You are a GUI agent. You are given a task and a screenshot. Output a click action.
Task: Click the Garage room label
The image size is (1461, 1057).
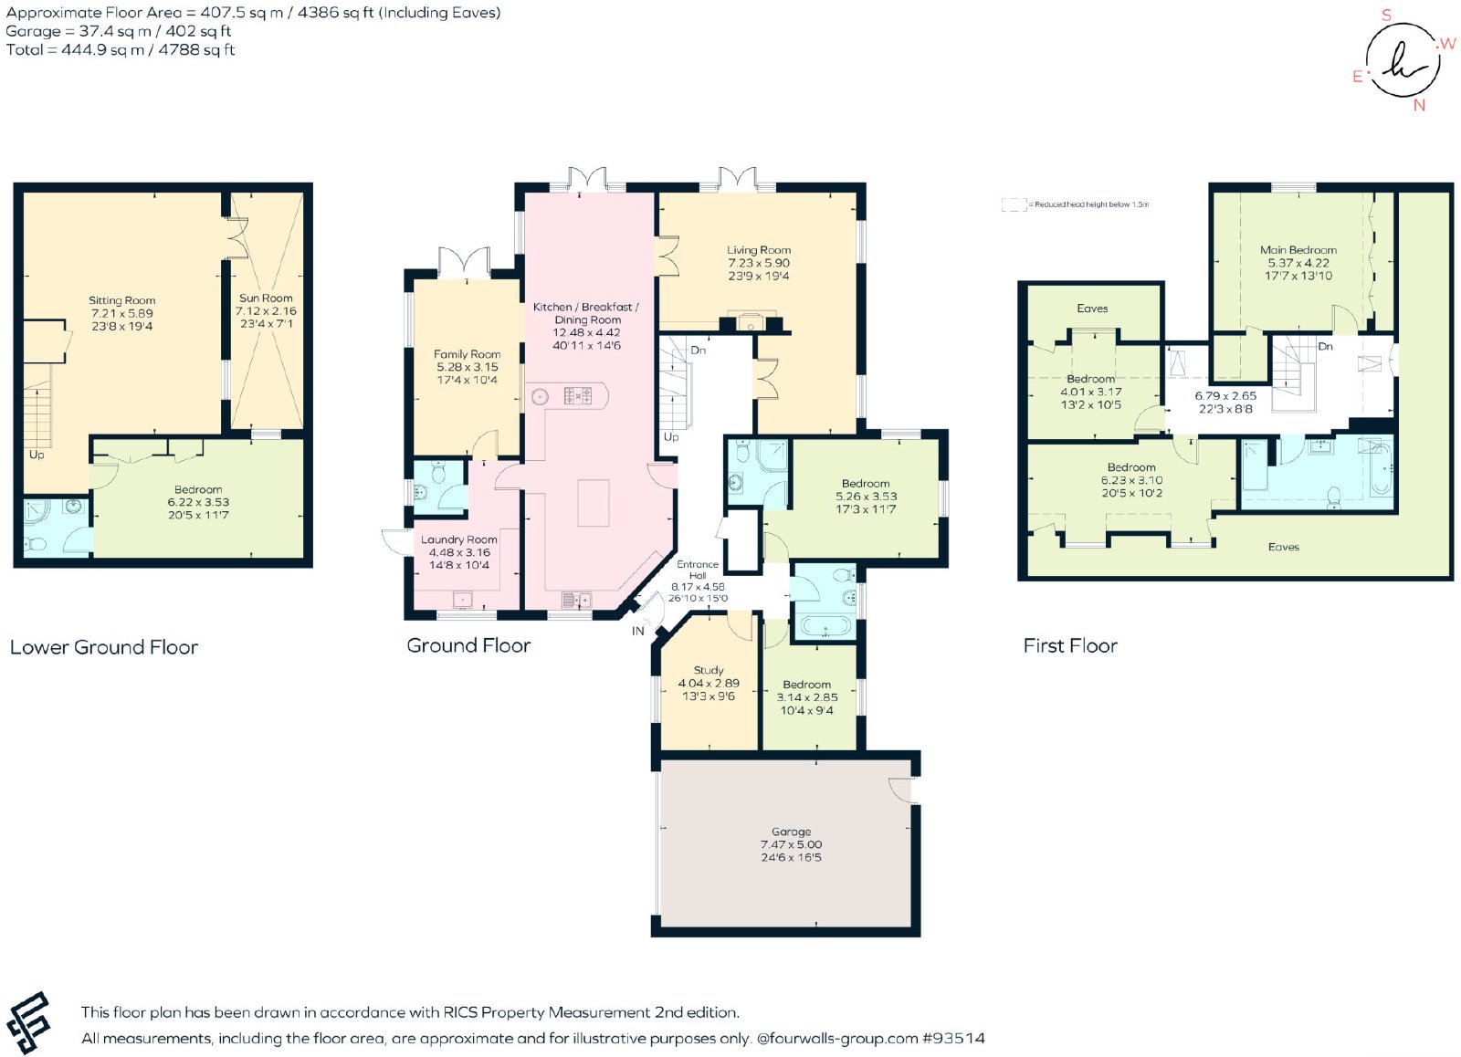click(x=791, y=832)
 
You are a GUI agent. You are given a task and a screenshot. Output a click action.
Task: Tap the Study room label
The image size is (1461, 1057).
click(x=709, y=670)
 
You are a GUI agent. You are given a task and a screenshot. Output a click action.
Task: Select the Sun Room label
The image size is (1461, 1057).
click(x=266, y=298)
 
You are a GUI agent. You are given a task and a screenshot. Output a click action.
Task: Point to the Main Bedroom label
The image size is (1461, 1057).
click(x=1298, y=250)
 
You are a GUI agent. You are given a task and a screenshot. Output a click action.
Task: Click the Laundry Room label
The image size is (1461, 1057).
click(x=458, y=540)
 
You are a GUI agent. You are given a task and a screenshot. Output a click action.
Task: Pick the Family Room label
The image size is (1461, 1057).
click(x=467, y=354)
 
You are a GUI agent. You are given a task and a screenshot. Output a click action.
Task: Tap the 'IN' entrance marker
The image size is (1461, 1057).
click(x=638, y=632)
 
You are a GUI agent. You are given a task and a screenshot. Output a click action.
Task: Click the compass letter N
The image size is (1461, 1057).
click(x=1419, y=106)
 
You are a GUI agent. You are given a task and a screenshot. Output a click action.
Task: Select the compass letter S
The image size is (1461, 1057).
click(x=1387, y=15)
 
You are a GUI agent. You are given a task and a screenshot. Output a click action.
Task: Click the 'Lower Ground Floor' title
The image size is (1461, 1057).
click(x=104, y=647)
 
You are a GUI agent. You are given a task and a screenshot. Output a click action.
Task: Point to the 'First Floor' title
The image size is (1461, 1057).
click(x=1069, y=645)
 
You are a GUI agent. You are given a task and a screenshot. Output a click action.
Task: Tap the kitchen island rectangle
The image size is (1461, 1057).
click(x=594, y=503)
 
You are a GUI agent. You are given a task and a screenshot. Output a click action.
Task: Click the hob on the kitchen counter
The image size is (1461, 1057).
click(x=578, y=396)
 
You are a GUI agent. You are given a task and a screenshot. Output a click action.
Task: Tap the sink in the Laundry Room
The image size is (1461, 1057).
click(x=463, y=600)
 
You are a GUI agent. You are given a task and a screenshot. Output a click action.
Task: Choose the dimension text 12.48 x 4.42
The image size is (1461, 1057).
click(x=586, y=332)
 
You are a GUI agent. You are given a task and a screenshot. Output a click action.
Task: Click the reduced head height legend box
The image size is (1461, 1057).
click(x=1014, y=204)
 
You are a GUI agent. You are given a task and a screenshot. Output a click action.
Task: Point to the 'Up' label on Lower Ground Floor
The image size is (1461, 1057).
click(x=37, y=455)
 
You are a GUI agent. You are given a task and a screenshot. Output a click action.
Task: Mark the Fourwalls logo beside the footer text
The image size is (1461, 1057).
click(x=28, y=1022)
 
